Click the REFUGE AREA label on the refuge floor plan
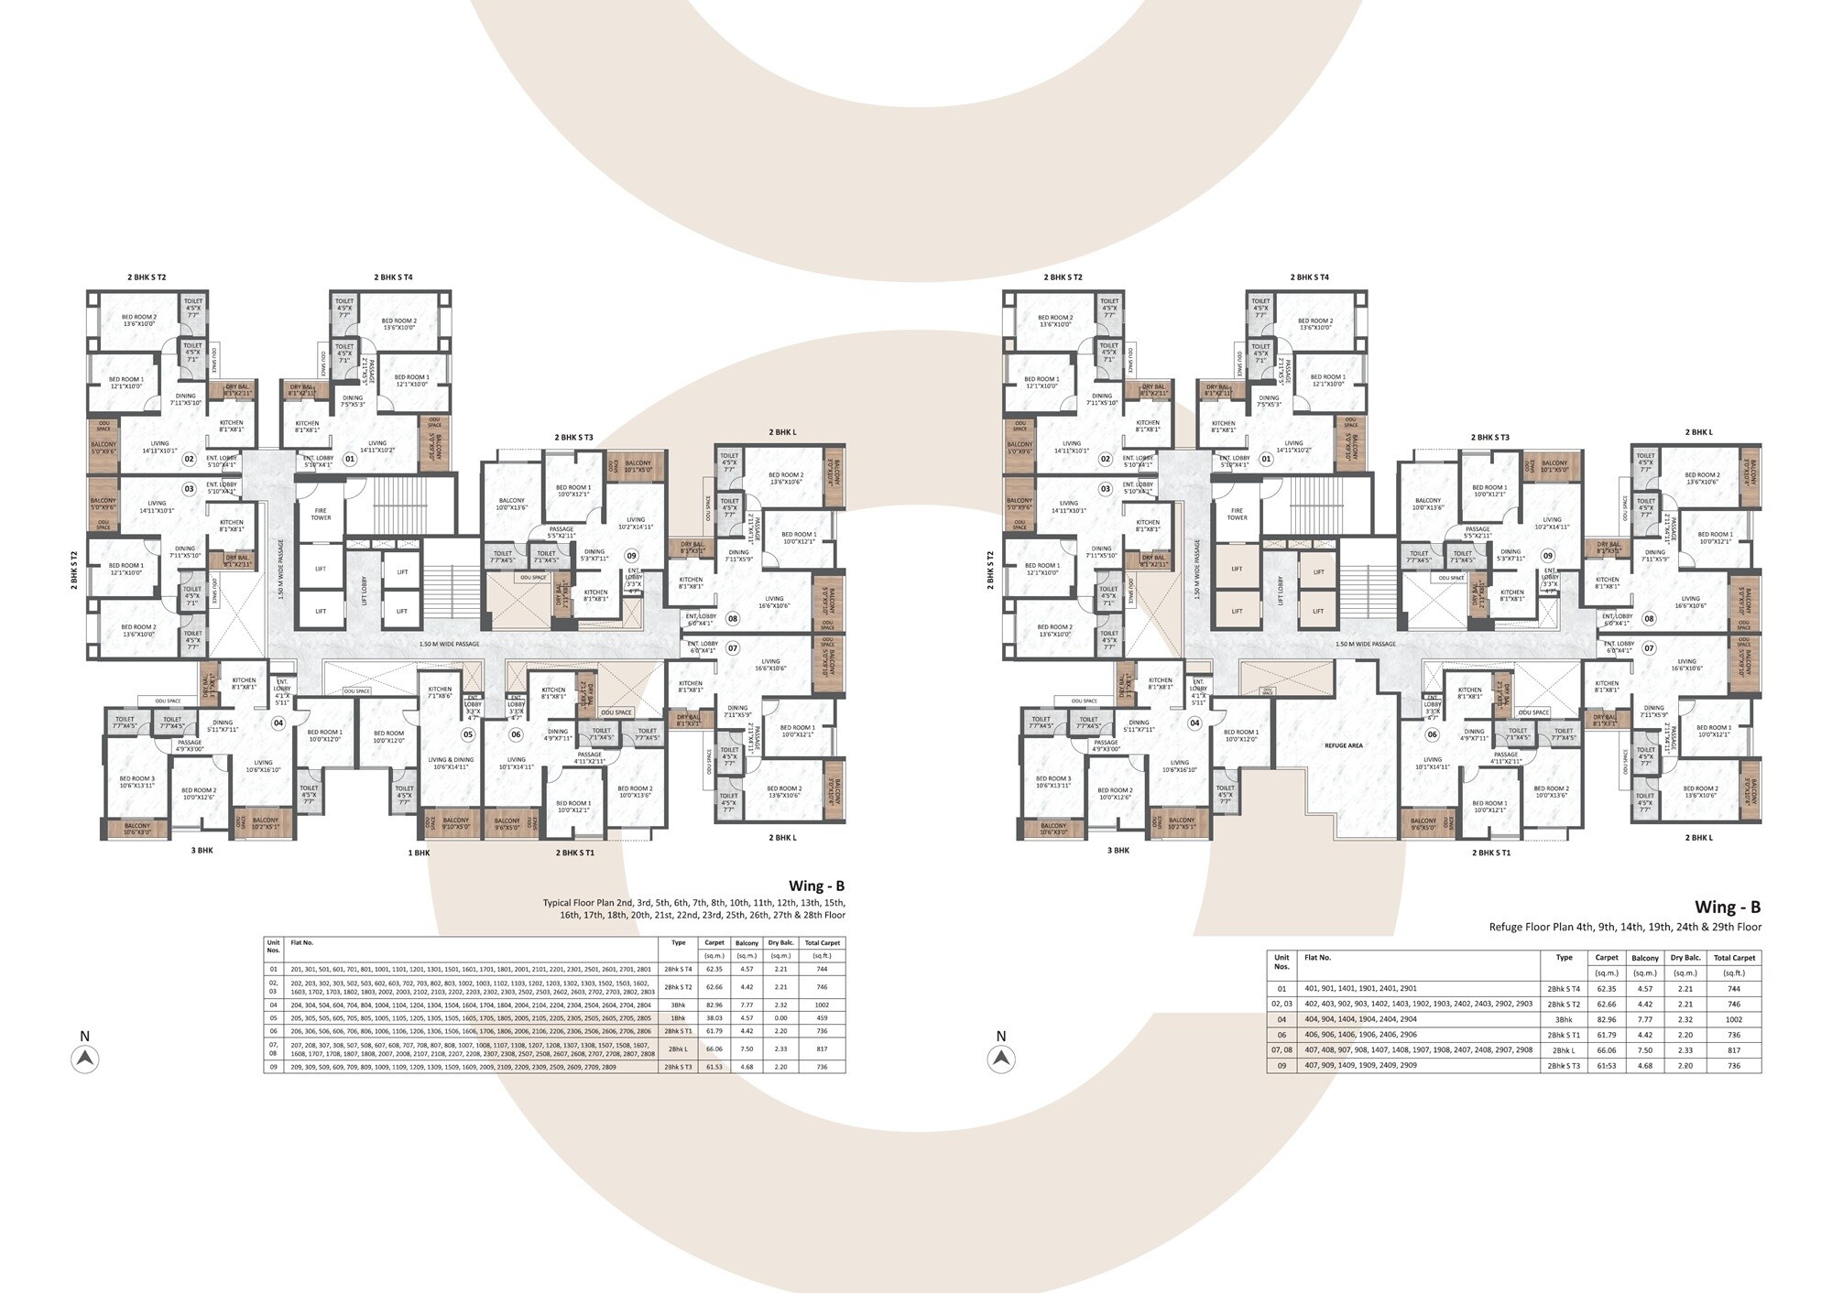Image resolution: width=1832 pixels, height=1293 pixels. (1343, 745)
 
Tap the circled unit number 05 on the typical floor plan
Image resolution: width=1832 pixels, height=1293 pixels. (468, 734)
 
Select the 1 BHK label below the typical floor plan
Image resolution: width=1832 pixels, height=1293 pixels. (419, 853)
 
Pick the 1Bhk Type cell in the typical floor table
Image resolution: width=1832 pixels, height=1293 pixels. (678, 1018)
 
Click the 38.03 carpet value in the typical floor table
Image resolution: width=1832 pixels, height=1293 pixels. (714, 1018)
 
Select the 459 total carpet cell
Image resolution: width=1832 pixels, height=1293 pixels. (822, 1018)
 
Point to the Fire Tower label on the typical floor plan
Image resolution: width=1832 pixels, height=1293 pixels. (321, 514)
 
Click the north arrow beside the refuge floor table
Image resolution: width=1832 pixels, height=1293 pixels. (1001, 1059)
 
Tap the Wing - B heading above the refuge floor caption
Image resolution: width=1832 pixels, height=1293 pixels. (1727, 907)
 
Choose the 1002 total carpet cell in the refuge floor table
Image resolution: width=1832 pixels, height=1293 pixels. (1733, 1019)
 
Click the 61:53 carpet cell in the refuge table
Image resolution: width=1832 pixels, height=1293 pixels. (1606, 1066)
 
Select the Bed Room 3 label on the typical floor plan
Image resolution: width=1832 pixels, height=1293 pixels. (136, 782)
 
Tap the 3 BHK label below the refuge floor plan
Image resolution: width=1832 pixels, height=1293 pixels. (1118, 851)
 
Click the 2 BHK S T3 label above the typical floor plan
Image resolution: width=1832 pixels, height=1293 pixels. (573, 438)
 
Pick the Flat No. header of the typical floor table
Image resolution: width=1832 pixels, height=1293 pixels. (301, 942)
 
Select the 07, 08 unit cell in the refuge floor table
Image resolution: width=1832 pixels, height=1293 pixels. (1281, 1050)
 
